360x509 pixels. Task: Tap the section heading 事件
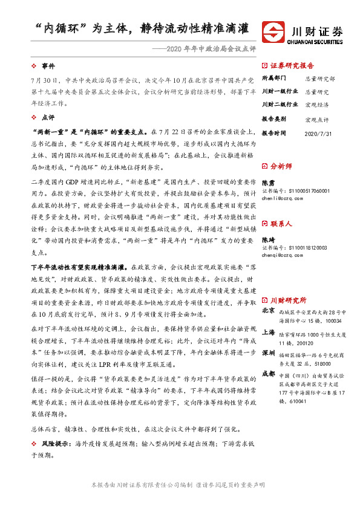(48, 65)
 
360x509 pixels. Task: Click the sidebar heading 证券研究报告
(292, 65)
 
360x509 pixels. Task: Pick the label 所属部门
(273, 79)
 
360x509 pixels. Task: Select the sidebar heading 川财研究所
(288, 300)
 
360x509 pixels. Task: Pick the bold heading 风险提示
(54, 443)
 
